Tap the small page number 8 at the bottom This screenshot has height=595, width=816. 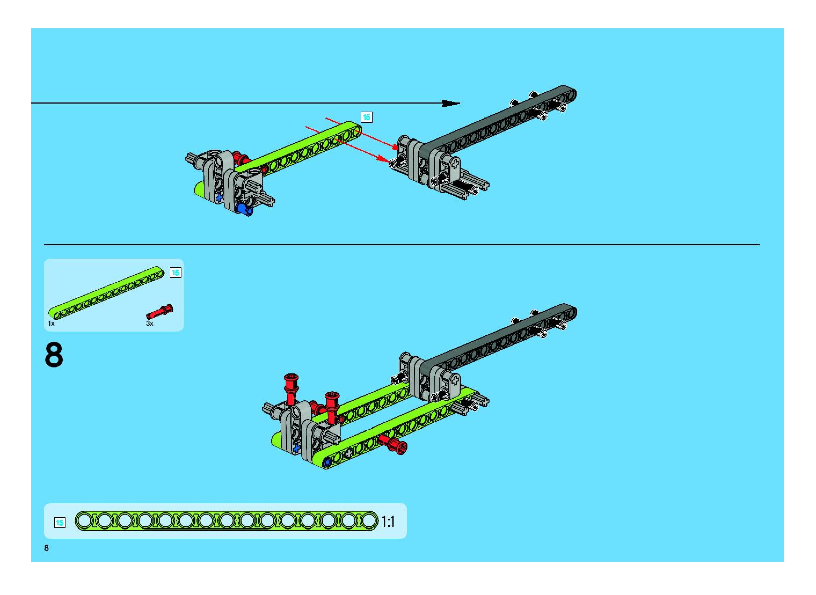pos(46,548)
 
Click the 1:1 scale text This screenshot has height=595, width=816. pos(388,521)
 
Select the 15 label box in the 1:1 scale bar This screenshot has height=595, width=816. pos(60,523)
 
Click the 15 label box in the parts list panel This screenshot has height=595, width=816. pos(176,273)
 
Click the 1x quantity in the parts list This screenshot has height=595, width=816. pos(52,324)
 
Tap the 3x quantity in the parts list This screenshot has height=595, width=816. pos(150,324)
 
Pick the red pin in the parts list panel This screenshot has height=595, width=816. pos(160,311)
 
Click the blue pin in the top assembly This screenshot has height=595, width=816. pos(244,210)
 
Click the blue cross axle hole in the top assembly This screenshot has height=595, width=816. pos(219,197)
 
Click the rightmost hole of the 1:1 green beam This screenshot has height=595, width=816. pos(368,521)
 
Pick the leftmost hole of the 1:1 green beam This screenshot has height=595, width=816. pos(84,521)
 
